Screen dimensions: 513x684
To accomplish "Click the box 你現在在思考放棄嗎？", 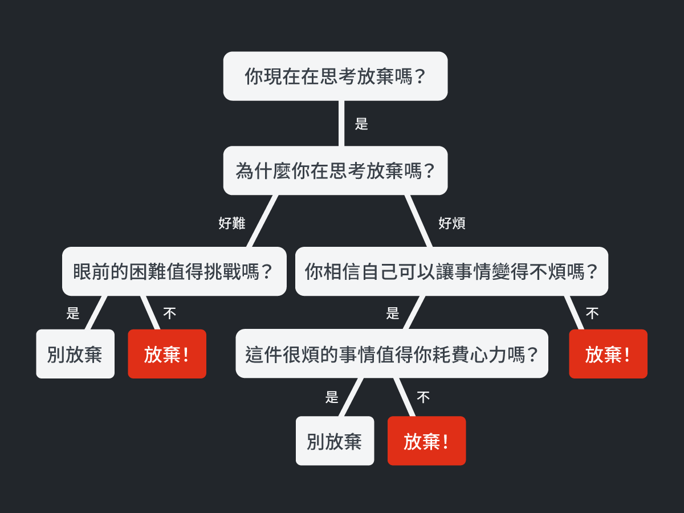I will tap(335, 76).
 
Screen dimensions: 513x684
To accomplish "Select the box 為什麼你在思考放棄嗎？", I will tap(335, 170).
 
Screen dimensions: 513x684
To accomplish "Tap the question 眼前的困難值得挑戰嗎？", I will tap(174, 271).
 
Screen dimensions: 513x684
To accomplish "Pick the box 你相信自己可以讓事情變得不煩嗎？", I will tap(451, 271).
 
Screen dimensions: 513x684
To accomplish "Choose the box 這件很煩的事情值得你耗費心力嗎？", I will tap(392, 353).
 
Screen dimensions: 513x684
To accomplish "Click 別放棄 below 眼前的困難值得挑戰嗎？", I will tap(75, 354).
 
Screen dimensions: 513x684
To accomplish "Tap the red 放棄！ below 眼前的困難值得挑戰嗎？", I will tap(167, 354).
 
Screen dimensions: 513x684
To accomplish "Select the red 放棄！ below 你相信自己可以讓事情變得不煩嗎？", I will tap(608, 354).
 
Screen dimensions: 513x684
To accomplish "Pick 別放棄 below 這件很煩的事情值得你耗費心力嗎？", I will tap(335, 441).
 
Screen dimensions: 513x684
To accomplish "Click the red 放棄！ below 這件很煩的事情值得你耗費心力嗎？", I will tap(426, 441).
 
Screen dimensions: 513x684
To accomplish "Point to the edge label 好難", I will tap(232, 223).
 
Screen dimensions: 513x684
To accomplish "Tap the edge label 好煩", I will tap(452, 223).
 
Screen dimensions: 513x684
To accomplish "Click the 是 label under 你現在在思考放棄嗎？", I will tap(361, 124).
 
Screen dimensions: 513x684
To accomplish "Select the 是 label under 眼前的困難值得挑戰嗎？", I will tap(73, 313).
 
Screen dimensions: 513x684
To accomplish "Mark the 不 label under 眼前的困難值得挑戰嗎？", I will tap(169, 313).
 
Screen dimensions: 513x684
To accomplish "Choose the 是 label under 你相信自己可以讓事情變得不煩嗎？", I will tap(393, 313).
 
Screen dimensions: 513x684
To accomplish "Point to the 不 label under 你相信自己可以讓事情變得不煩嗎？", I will tap(592, 313).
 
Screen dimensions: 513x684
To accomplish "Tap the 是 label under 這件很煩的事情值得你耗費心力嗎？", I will tap(332, 397).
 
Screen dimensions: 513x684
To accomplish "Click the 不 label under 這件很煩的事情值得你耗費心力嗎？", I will tap(423, 397).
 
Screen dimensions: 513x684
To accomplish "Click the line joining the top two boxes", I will tap(341, 123).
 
